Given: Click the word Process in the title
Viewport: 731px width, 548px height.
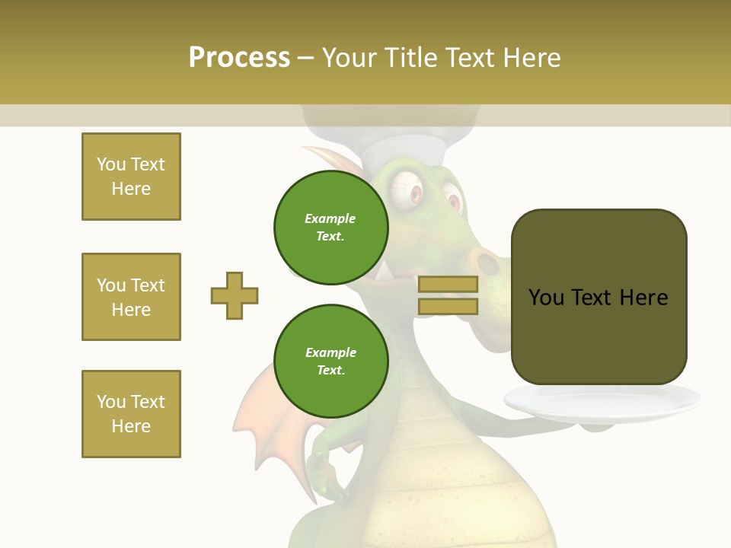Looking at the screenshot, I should (x=239, y=57).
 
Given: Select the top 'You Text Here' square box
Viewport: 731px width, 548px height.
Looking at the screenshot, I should (x=131, y=177).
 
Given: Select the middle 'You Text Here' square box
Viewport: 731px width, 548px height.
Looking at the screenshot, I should (x=131, y=297).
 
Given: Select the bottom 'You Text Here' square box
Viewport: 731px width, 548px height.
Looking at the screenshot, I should (x=131, y=414).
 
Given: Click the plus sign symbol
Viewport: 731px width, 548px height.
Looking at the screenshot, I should (x=235, y=295).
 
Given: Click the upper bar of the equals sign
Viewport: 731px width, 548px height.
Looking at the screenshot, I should (x=448, y=285).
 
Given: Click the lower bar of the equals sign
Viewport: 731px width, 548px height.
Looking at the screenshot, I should (x=448, y=306).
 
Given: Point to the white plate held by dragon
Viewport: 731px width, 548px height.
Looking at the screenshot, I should (x=602, y=403).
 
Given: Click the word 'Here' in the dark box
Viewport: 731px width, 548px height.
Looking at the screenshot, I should (x=643, y=298).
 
